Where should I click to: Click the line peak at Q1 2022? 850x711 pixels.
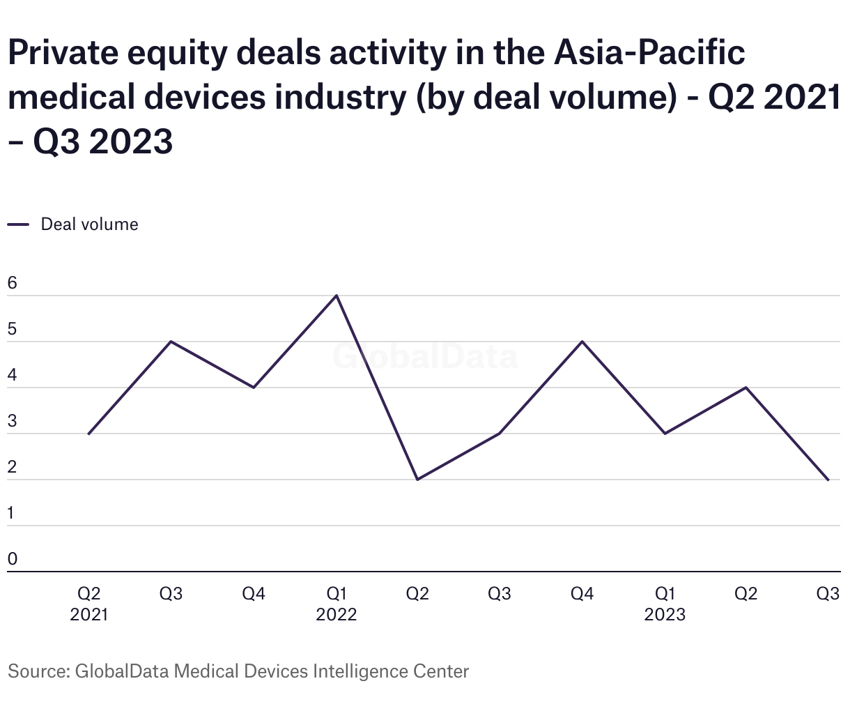point(337,296)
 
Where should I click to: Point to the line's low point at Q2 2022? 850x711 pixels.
point(417,480)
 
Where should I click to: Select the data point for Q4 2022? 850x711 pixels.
point(582,342)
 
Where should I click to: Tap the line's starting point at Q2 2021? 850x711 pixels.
point(89,434)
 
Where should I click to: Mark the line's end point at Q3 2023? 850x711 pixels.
point(828,480)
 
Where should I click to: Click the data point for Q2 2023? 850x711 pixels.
point(746,388)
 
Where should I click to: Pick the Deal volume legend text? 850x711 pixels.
point(89,224)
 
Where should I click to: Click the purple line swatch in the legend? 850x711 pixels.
point(18,224)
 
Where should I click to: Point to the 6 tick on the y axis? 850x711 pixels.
point(12,283)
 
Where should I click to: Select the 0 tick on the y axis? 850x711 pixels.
point(12,559)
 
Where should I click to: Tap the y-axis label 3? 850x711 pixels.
point(12,421)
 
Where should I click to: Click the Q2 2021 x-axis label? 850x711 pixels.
point(89,604)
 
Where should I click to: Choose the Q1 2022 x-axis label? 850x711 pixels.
point(337,604)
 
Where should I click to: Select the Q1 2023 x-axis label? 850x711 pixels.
point(665,604)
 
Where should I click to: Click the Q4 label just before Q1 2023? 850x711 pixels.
point(582,594)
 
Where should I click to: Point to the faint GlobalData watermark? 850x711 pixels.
point(425,356)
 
